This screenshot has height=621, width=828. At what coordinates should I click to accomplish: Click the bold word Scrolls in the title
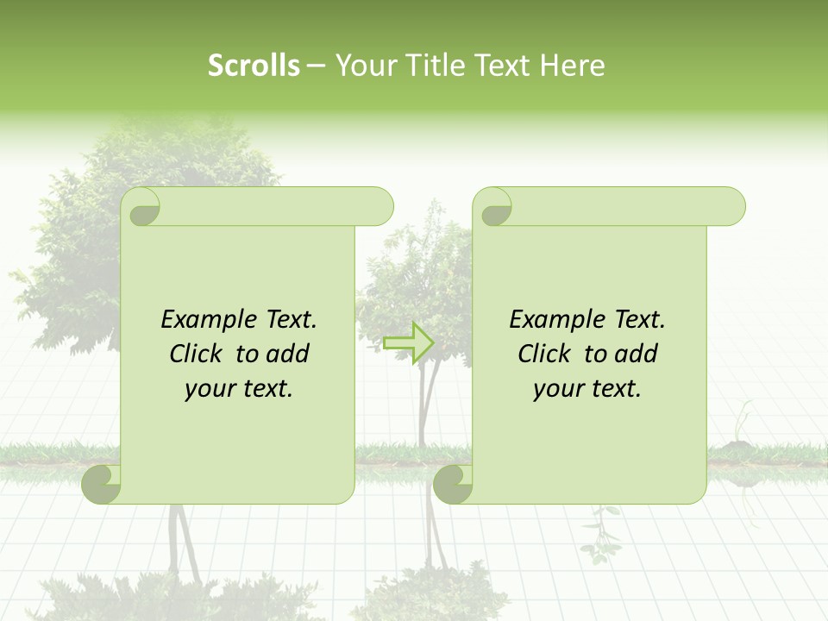(x=254, y=66)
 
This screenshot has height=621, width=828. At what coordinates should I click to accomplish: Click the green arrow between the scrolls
(x=408, y=342)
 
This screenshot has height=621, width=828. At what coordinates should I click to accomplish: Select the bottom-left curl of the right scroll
(x=454, y=484)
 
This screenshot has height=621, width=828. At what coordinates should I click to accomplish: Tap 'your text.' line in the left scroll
(x=239, y=388)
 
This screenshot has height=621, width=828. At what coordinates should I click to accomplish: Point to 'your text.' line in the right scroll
(x=587, y=388)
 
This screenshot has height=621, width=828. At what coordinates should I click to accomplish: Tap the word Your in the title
(x=362, y=66)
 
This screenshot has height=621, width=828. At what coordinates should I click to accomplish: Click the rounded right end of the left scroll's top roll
(x=379, y=207)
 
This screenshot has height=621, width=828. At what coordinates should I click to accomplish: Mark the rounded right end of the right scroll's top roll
(x=731, y=207)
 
